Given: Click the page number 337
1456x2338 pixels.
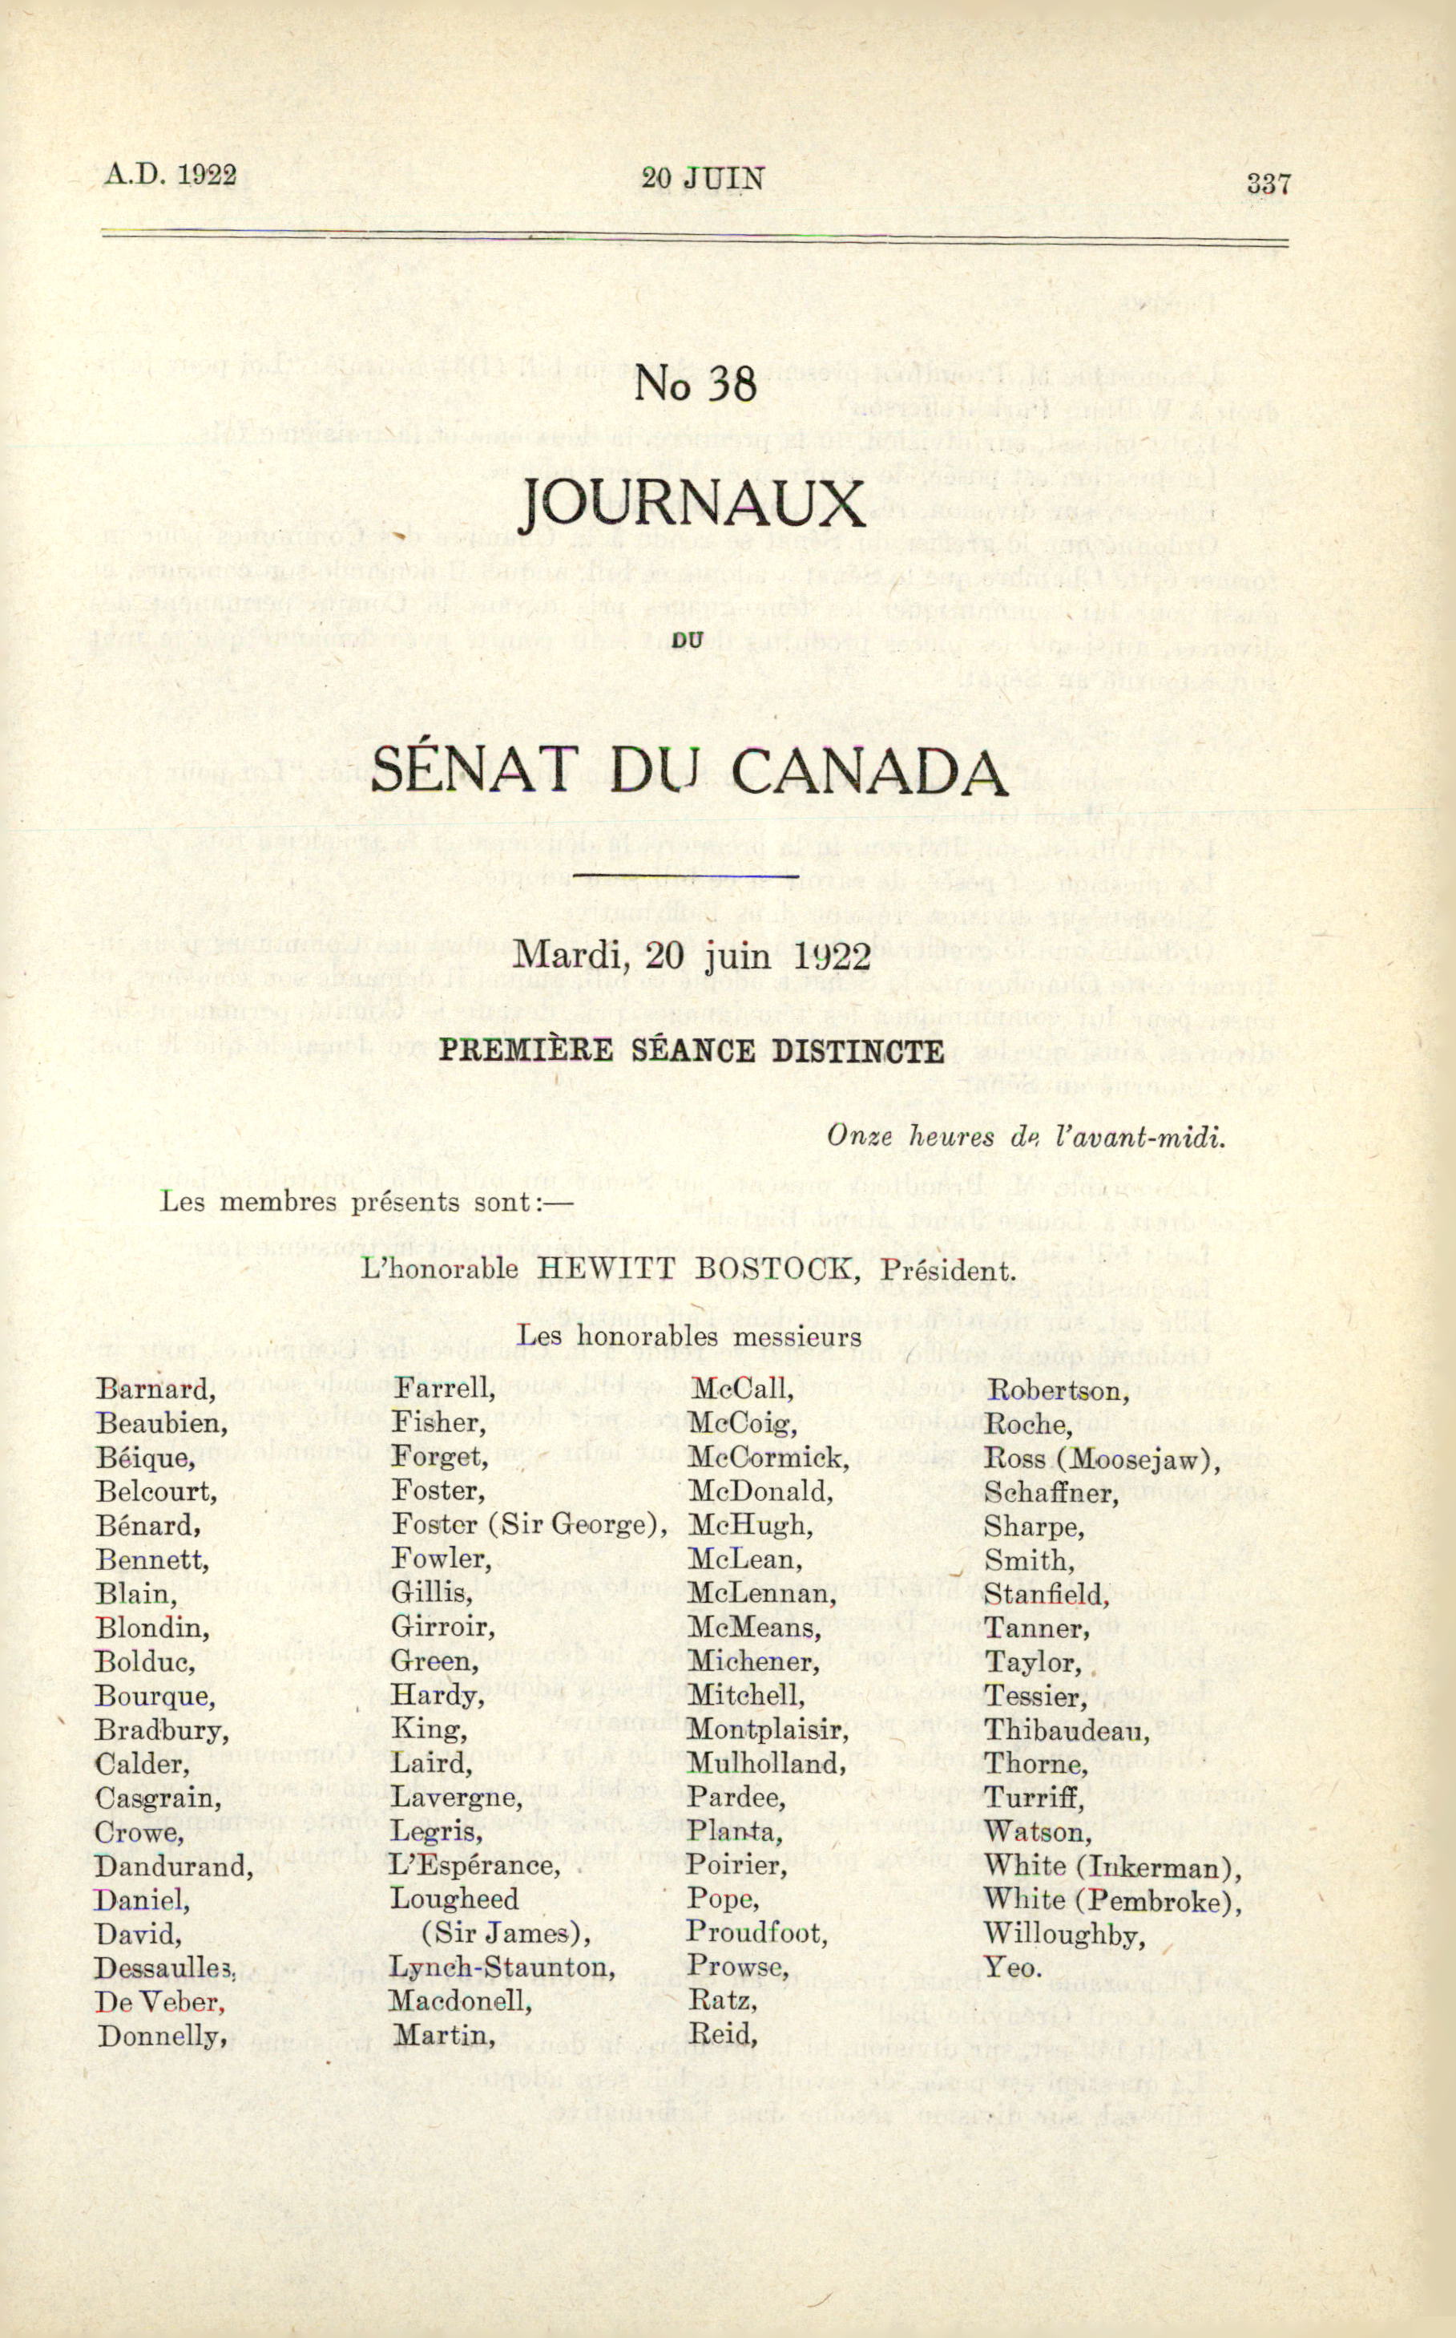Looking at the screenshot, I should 1267,183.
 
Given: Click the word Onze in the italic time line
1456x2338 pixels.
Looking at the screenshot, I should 853,1137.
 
